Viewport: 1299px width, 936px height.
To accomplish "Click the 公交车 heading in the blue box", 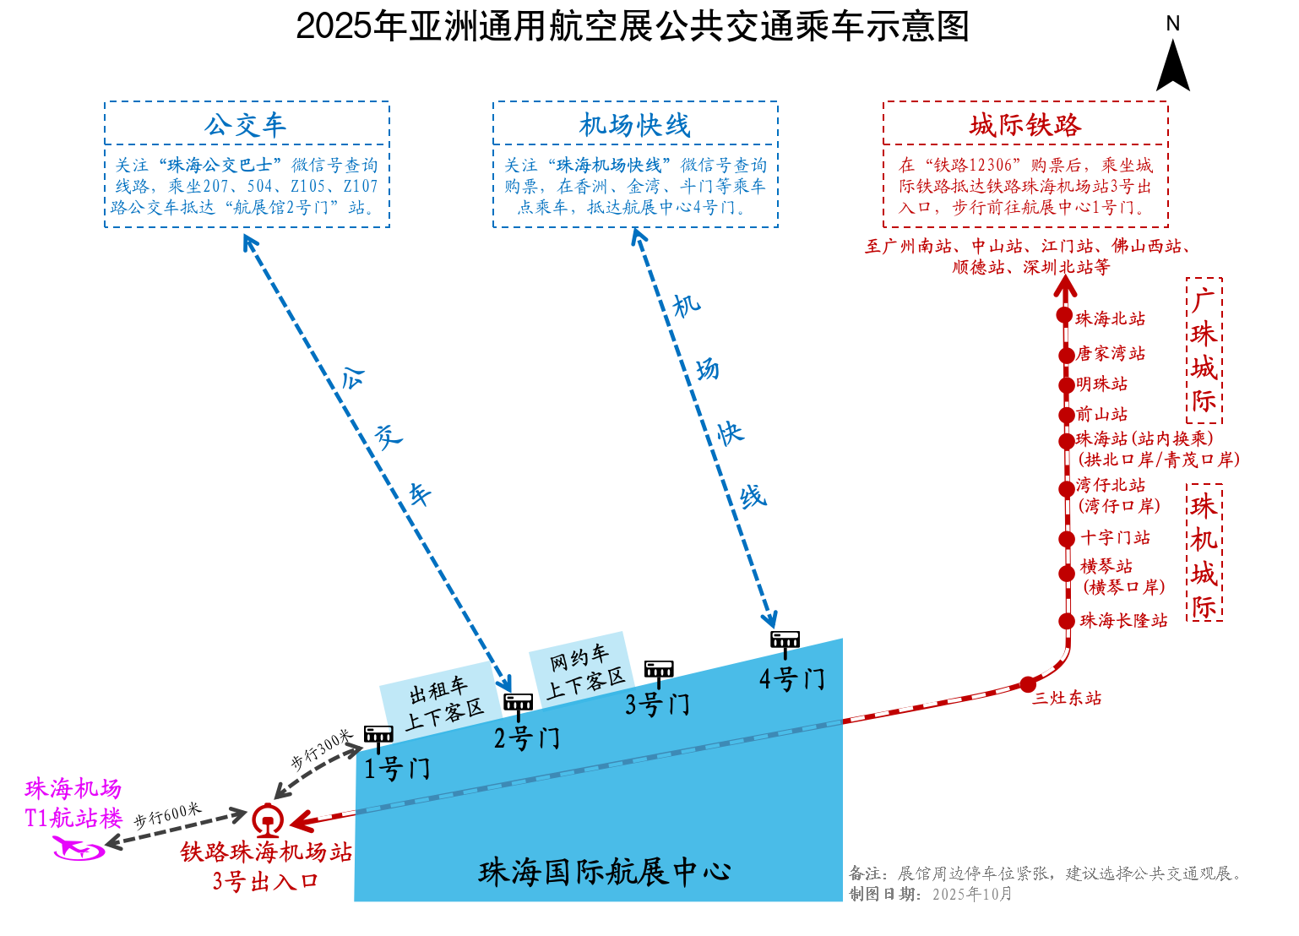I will pos(245,126).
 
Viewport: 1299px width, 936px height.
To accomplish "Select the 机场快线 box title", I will pos(634,126).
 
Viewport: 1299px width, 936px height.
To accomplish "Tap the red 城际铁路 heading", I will pos(1025,126).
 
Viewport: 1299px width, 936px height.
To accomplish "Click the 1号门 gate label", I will pos(397,769).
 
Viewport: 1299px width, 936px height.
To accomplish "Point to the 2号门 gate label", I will pos(526,738).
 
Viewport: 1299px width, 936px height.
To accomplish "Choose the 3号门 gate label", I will pos(657,704).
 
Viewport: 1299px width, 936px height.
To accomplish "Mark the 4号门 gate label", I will pos(791,678).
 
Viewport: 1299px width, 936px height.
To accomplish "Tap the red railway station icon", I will pos(267,819).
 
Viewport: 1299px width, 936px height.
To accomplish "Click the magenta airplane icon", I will pos(79,848).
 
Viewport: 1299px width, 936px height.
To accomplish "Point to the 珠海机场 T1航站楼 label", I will pos(73,803).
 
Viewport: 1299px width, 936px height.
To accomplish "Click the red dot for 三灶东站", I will pos(1028,684).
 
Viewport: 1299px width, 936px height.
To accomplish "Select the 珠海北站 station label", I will pos(1110,319).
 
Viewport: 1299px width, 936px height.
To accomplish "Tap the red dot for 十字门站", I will pos(1067,539).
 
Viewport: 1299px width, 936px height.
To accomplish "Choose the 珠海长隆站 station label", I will pos(1123,621).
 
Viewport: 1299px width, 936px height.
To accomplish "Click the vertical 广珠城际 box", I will pos(1204,351).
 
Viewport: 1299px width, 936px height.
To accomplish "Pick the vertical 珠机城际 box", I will pos(1204,553).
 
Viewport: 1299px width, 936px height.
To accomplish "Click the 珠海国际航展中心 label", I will pos(605,872).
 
